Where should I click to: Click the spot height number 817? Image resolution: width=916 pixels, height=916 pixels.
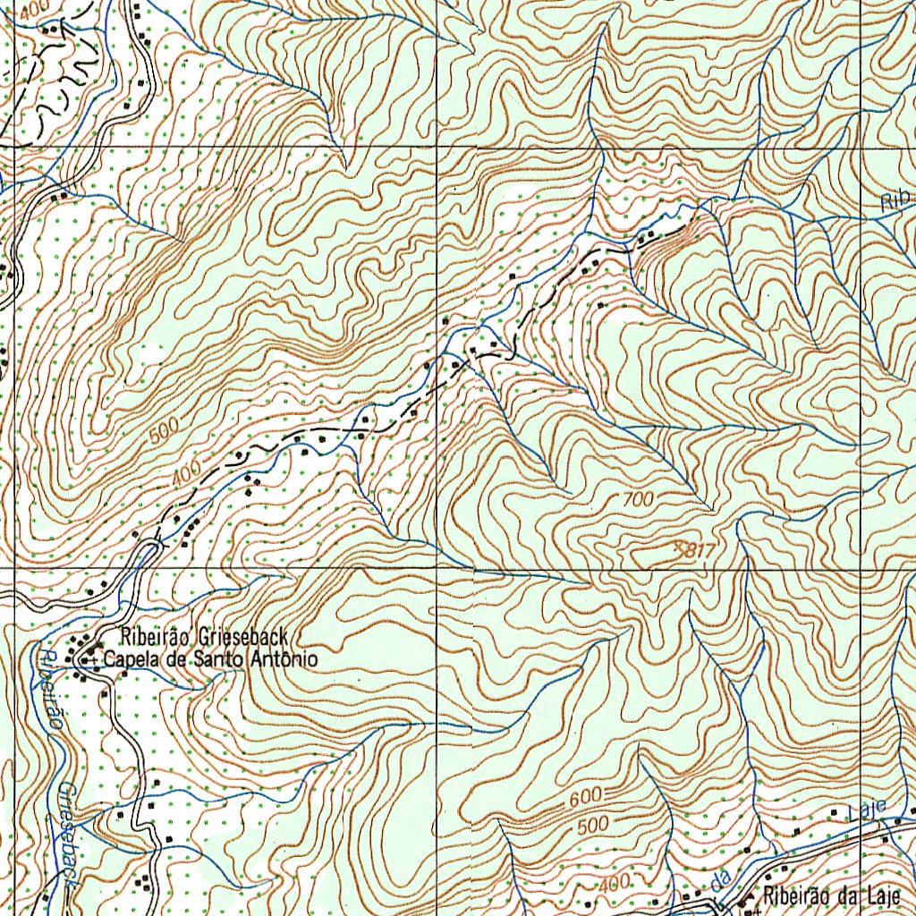700,552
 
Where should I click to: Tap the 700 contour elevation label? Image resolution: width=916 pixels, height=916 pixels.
638,501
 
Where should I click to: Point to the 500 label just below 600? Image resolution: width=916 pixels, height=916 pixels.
592,824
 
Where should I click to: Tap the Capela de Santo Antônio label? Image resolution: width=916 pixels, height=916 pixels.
210,660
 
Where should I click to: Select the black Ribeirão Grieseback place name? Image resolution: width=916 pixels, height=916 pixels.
204,637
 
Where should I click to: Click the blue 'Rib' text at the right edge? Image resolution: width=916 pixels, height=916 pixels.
895,200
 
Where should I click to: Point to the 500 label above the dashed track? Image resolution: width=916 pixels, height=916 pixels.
165,431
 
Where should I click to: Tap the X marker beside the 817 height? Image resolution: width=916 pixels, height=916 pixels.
679,545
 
